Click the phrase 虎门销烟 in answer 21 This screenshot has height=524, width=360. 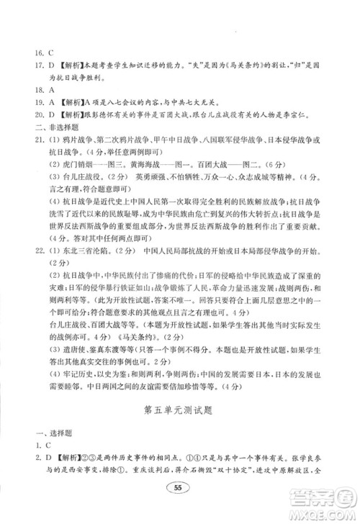click(x=84, y=162)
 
